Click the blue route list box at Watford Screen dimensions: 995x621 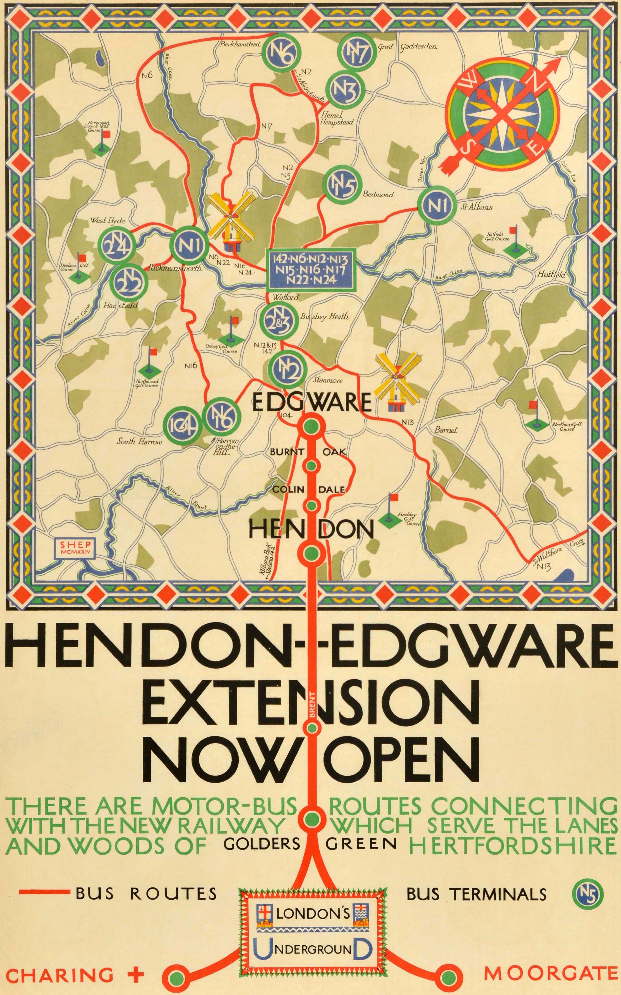point(311,269)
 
